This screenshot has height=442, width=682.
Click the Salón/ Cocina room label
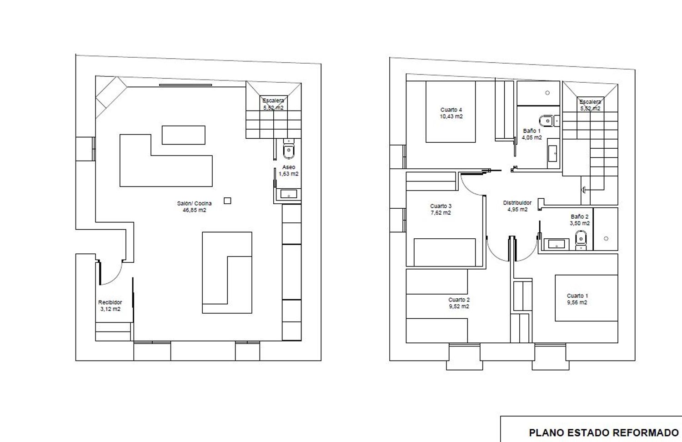(x=194, y=207)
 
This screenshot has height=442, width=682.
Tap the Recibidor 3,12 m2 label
(x=110, y=306)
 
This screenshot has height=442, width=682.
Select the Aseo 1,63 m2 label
(x=289, y=171)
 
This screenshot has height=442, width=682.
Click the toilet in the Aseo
(x=289, y=149)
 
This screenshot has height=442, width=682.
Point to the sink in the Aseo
(x=289, y=194)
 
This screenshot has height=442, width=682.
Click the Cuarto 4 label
(x=451, y=110)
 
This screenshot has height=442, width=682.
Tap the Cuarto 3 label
(x=441, y=206)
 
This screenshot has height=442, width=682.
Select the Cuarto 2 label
(x=459, y=300)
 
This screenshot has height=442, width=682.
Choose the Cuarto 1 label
(x=577, y=296)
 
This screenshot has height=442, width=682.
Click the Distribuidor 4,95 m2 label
(x=517, y=206)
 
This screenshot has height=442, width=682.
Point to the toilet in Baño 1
(x=549, y=121)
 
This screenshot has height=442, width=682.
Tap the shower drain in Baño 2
(x=606, y=239)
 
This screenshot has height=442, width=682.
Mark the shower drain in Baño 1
(x=547, y=93)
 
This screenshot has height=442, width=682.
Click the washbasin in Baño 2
(x=556, y=244)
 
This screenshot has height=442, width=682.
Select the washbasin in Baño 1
(x=552, y=153)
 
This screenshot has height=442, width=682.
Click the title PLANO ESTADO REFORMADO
(x=604, y=432)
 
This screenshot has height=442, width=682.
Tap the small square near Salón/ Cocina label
(x=227, y=201)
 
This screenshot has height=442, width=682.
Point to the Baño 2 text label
(x=580, y=217)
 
